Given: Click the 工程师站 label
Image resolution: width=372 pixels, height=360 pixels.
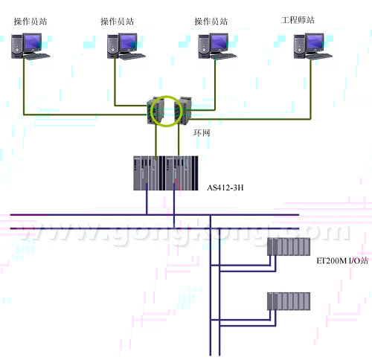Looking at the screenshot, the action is click(x=298, y=20).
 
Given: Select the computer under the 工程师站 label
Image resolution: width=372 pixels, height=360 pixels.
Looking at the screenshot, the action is click(x=313, y=46).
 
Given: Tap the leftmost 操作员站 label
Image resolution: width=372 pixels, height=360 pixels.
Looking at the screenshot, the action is click(x=31, y=22).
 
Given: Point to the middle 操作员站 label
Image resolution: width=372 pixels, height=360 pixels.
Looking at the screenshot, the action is click(x=117, y=22).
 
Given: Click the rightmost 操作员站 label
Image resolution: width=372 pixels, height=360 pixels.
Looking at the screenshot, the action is click(x=211, y=22).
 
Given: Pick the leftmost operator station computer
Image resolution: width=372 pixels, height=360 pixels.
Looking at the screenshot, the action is click(x=31, y=46).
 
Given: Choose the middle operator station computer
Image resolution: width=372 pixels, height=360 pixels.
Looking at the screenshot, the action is click(x=126, y=46).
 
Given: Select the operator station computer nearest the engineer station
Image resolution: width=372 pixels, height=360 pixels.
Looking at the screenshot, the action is click(x=217, y=46).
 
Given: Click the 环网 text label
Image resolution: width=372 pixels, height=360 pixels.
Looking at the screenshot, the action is click(x=202, y=133).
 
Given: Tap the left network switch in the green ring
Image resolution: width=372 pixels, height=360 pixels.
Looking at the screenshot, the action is click(x=155, y=111).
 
